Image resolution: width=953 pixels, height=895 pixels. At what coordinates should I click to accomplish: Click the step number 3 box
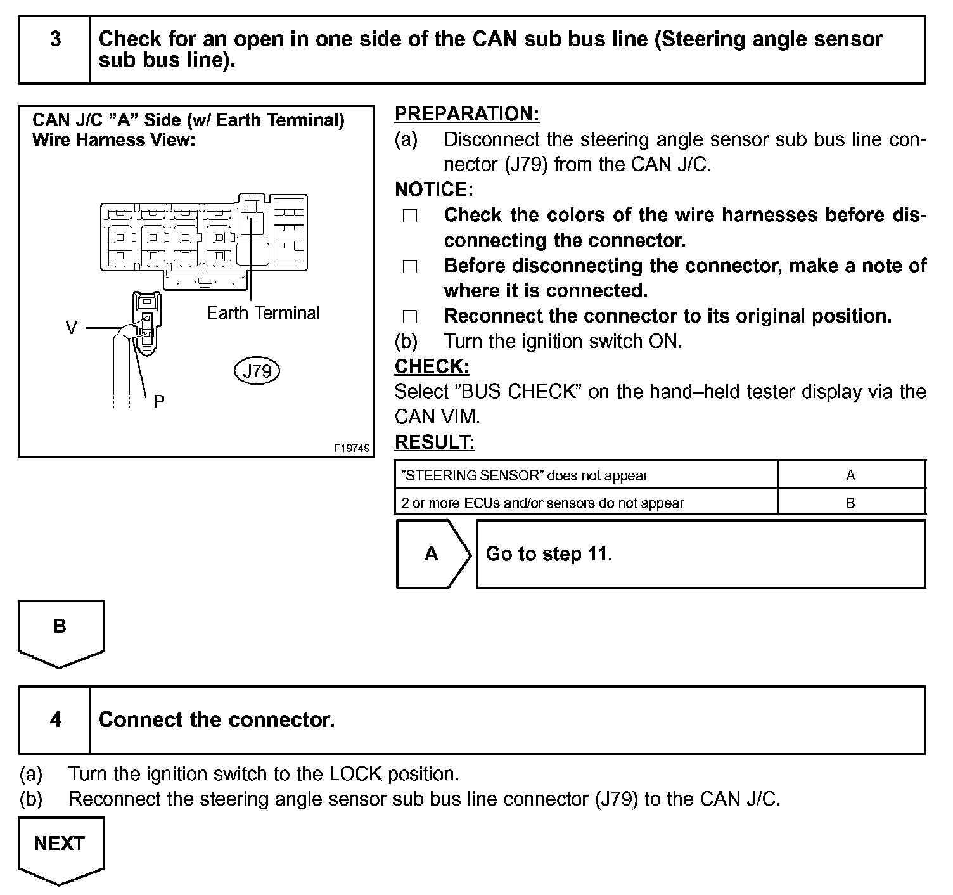pyautogui.click(x=55, y=50)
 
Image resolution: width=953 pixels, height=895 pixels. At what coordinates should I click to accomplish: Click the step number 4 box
pyautogui.click(x=55, y=719)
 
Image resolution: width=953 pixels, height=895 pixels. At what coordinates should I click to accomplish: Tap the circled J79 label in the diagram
pyautogui.click(x=257, y=371)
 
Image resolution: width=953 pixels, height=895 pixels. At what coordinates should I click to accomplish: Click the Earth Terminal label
pyautogui.click(x=263, y=313)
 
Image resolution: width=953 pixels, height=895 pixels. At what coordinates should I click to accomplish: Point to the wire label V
pyautogui.click(x=72, y=328)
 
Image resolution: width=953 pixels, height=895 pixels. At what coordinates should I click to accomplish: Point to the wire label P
pyautogui.click(x=158, y=401)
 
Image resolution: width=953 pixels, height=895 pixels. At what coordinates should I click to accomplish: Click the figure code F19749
pyautogui.click(x=352, y=448)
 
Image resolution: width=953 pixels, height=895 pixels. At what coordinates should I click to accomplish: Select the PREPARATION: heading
pyautogui.click(x=467, y=114)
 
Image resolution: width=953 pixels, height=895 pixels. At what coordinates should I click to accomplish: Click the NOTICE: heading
pyautogui.click(x=433, y=190)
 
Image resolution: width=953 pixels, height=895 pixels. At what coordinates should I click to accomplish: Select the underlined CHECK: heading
pyautogui.click(x=432, y=366)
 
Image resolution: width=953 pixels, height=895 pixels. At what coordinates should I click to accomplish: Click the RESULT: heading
pyautogui.click(x=435, y=442)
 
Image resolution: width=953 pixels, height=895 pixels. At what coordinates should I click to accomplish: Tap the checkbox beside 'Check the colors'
pyautogui.click(x=410, y=216)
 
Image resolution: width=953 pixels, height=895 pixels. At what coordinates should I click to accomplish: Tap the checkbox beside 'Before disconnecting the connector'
pyautogui.click(x=410, y=266)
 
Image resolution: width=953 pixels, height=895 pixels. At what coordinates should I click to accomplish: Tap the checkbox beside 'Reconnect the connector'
pyautogui.click(x=410, y=316)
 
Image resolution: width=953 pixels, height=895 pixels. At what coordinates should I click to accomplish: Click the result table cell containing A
pyautogui.click(x=850, y=475)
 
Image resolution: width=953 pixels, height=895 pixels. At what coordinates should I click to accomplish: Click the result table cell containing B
pyautogui.click(x=850, y=503)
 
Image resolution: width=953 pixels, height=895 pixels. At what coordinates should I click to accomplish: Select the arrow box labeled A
pyautogui.click(x=433, y=554)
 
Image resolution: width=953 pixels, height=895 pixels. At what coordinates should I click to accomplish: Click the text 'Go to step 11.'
pyautogui.click(x=549, y=554)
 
